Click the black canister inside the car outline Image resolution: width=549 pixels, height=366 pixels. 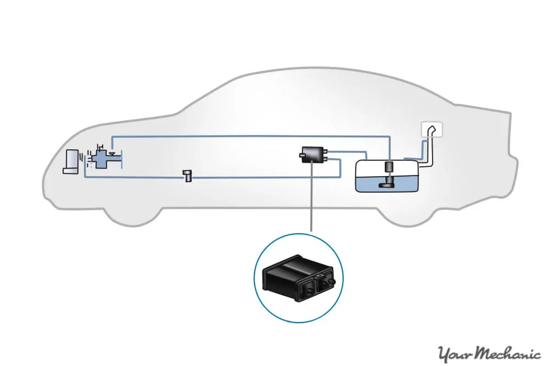tap(312, 153)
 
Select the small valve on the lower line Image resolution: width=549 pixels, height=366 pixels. tap(188, 176)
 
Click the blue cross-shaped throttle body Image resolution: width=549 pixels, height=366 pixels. tap(102, 160)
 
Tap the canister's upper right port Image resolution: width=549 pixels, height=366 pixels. tap(327, 150)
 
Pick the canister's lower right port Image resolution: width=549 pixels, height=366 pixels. tap(327, 159)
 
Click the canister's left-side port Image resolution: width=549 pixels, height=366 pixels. tap(301, 156)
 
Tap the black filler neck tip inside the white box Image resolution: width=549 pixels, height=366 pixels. tap(434, 129)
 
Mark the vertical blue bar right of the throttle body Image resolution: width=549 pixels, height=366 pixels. tap(122, 160)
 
